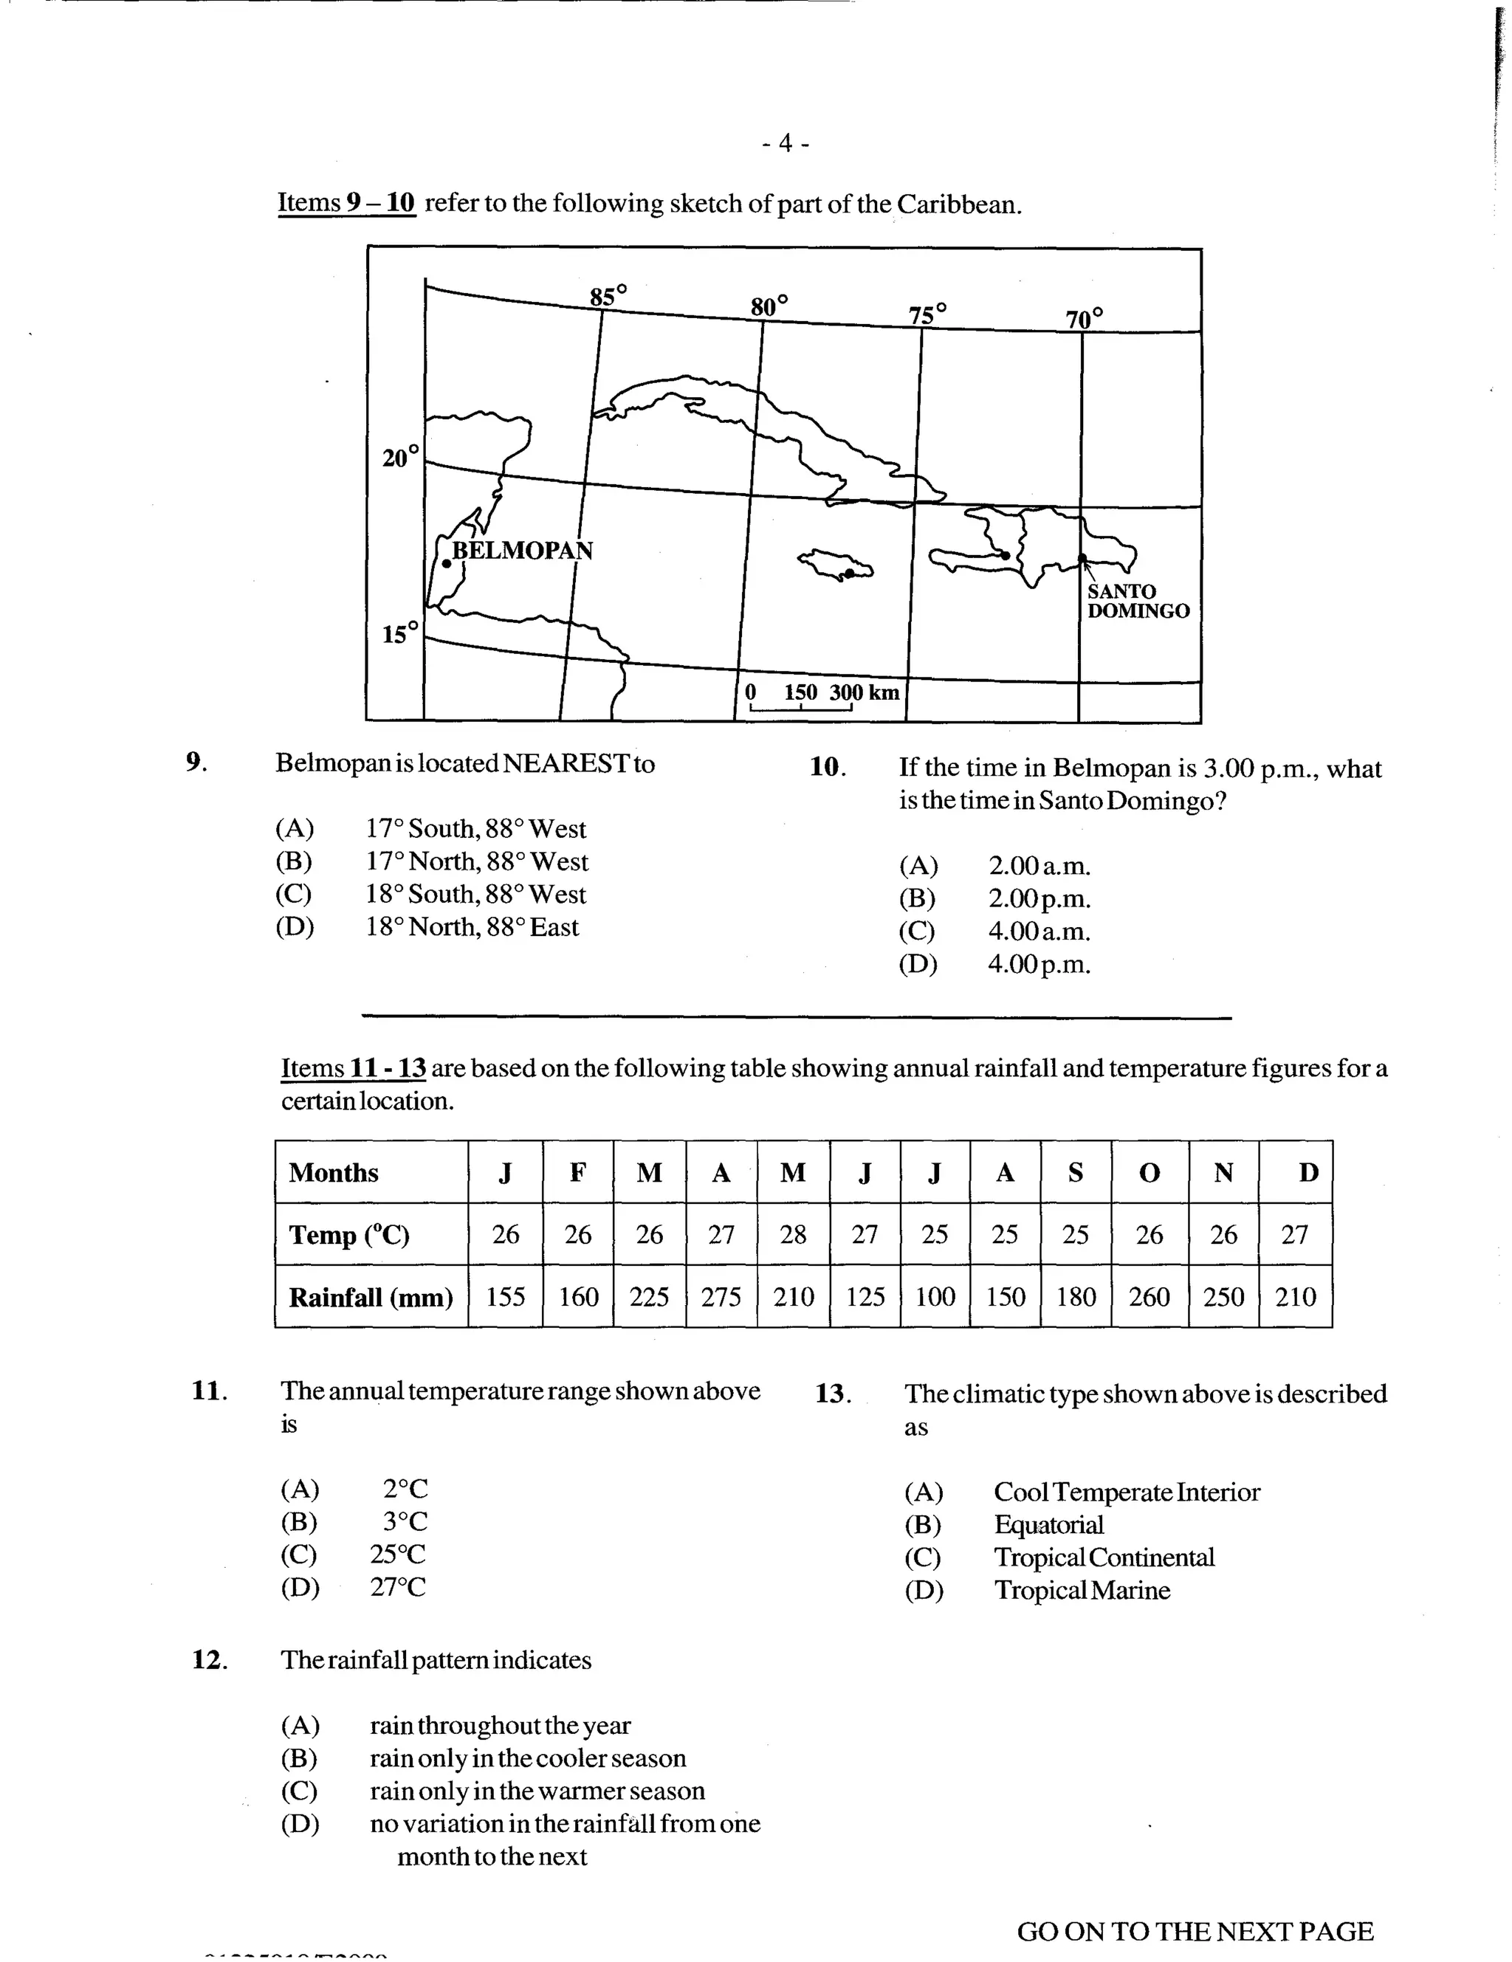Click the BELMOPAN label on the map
coord(522,550)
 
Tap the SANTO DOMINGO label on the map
coord(1138,601)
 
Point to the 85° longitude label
coord(608,295)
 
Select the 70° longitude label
coord(1085,319)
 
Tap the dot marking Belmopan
coord(447,564)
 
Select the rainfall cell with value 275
coord(721,1297)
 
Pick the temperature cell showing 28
coord(792,1234)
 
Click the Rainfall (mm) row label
coord(370,1297)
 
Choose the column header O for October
coord(1149,1172)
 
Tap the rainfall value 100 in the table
coord(935,1297)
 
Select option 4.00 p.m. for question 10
coord(1039,964)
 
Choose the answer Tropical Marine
coord(1082,1590)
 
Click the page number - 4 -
coord(784,144)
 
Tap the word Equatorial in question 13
coord(1048,1524)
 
